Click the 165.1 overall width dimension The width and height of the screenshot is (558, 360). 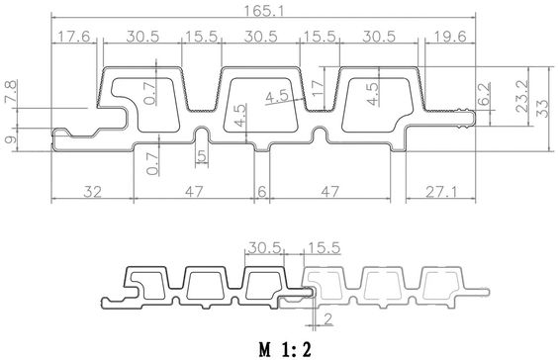263,11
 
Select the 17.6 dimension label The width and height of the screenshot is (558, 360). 74,37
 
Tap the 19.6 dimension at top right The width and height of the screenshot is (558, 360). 450,37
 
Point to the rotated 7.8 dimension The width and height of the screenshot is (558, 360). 11,92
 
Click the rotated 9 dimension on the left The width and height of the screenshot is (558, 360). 11,139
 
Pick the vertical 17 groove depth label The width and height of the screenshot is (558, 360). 318,87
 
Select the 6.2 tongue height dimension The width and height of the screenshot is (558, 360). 485,94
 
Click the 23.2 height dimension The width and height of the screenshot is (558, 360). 522,96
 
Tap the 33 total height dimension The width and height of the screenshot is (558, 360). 543,109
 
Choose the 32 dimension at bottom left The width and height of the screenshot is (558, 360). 93,192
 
